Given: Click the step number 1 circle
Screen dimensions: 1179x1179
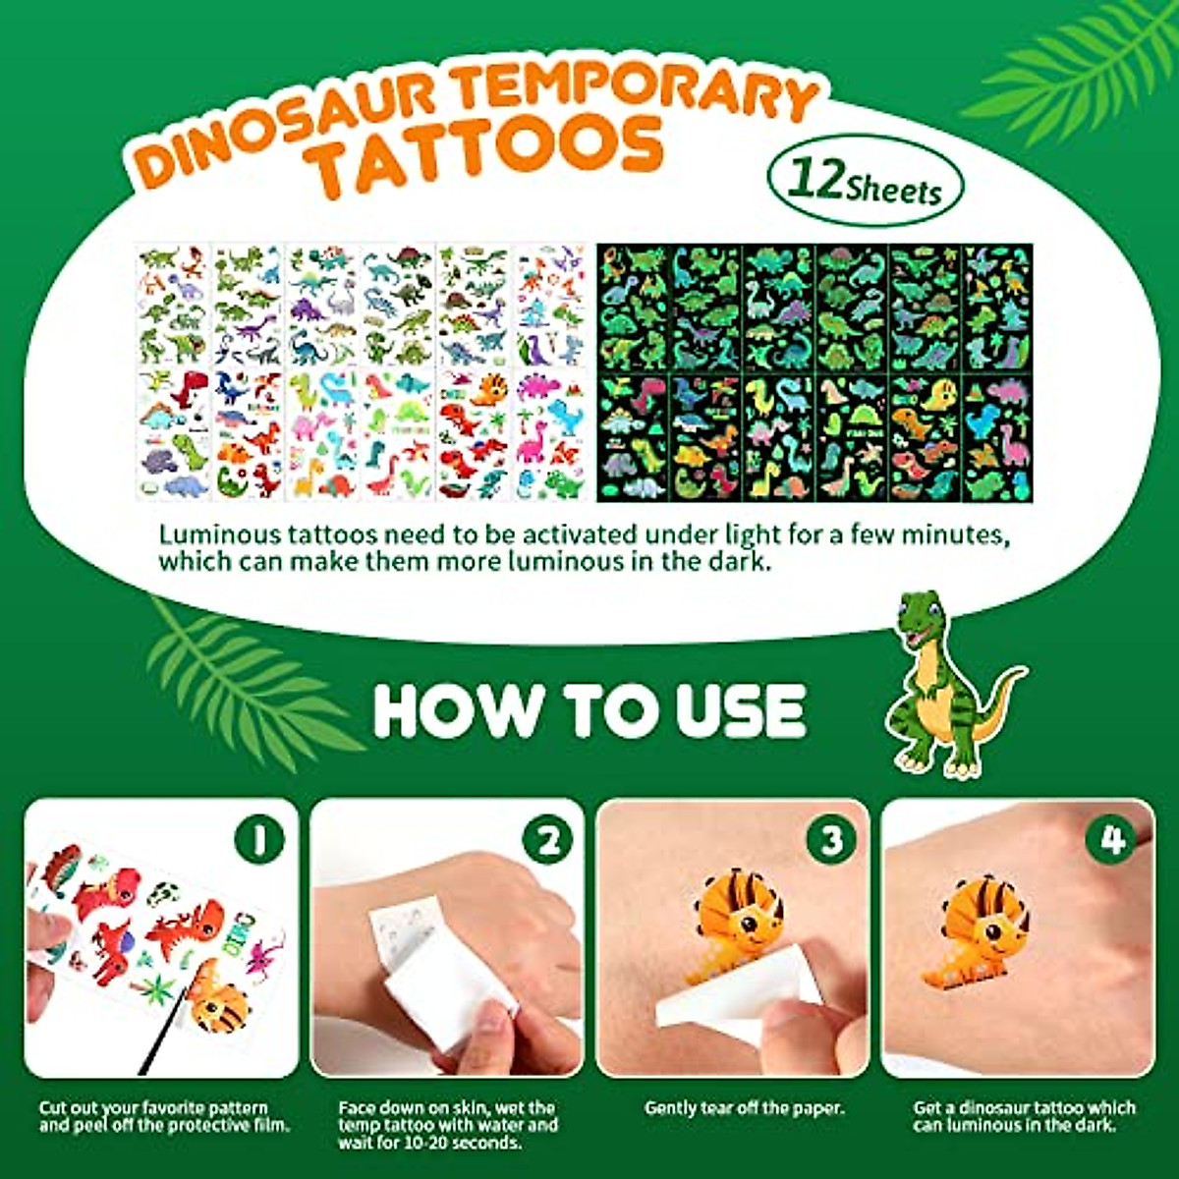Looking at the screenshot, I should (260, 840).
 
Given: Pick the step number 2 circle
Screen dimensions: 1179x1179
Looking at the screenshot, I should (547, 840).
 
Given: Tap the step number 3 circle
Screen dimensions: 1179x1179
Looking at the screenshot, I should (832, 840).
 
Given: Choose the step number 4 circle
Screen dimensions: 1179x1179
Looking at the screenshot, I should (1112, 840).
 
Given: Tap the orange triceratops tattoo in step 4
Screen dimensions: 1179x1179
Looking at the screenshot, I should (973, 933).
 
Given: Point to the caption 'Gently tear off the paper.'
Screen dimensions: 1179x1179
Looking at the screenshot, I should (744, 1108).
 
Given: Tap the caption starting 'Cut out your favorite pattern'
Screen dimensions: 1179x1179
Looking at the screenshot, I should (164, 1116).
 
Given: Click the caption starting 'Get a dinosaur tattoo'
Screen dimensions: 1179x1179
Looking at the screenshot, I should (1024, 1116).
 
